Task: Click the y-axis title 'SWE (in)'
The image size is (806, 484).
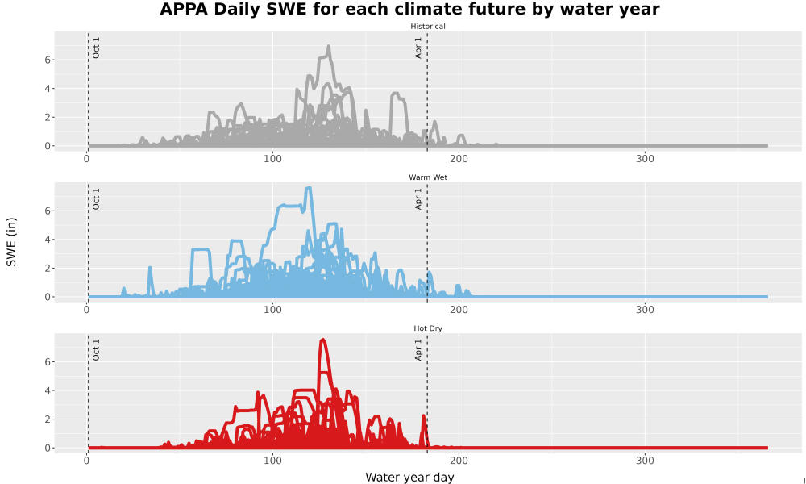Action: (11, 242)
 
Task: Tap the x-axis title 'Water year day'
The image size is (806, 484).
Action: (409, 477)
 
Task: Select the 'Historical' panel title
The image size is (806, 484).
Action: (428, 27)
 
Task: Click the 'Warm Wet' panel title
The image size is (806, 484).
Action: (428, 177)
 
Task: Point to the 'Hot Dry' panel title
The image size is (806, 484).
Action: (428, 328)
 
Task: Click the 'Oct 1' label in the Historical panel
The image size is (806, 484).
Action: (96, 48)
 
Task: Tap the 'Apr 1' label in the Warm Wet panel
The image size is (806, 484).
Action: (418, 198)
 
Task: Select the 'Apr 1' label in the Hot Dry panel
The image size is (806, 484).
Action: (418, 350)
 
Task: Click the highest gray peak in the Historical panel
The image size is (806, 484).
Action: (329, 46)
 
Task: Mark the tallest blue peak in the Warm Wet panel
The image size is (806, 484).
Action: (309, 188)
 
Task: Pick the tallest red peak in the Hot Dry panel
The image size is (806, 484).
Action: (322, 340)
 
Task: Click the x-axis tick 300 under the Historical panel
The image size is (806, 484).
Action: (645, 159)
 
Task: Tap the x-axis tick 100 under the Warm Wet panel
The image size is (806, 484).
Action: (272, 310)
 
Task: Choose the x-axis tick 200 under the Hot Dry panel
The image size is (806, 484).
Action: (459, 461)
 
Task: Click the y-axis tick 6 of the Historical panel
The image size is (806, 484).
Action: (48, 60)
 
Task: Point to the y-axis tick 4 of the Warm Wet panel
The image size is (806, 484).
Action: (48, 240)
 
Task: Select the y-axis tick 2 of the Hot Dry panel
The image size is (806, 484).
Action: (48, 419)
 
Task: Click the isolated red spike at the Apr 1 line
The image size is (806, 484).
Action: (424, 416)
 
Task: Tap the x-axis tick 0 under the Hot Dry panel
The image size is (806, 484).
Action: (86, 461)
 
